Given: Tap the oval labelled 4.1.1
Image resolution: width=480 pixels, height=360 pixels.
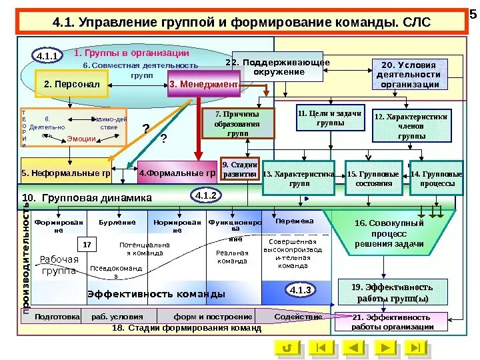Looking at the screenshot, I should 47,56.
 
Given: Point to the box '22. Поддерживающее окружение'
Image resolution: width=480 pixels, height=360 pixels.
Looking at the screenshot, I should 277,67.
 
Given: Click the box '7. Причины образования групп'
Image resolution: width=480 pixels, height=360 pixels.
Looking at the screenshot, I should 237,123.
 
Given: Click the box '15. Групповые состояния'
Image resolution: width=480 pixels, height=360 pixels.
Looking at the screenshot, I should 373,178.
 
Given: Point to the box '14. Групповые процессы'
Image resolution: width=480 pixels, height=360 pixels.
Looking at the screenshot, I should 436,178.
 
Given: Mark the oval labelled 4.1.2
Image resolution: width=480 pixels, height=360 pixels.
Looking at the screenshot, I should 205,195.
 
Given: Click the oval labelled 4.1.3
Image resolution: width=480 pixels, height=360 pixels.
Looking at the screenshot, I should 301,289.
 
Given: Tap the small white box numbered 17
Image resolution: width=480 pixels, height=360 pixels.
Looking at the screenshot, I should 87,245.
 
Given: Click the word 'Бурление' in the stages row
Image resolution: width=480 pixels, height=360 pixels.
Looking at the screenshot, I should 117,222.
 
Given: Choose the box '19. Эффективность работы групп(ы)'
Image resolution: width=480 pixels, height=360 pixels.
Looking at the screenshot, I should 393,292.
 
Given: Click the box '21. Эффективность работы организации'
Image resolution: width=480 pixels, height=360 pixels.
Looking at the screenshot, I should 393,322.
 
